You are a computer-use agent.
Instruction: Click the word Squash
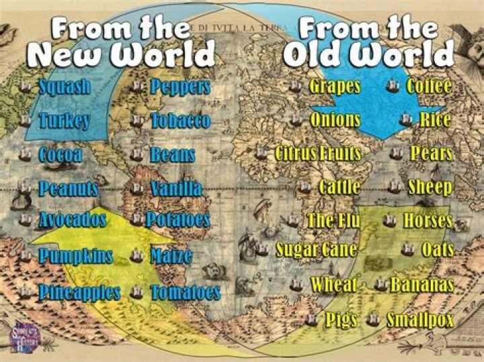[65, 87]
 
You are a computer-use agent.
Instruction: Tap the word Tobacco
[180, 121]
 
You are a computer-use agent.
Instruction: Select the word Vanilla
[176, 189]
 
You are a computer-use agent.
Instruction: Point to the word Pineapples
[79, 293]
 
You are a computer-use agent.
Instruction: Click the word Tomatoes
[186, 293]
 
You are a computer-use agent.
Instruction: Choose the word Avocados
[73, 220]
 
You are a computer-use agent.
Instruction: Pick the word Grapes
[335, 87]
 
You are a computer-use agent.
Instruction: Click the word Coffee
[429, 87]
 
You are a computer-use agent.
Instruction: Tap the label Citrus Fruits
[318, 154]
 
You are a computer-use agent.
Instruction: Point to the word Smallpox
[420, 320]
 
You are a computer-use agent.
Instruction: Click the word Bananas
[422, 285]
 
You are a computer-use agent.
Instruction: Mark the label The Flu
[334, 220]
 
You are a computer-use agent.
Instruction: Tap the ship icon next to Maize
[136, 256]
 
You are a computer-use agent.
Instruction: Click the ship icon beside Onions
[296, 120]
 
